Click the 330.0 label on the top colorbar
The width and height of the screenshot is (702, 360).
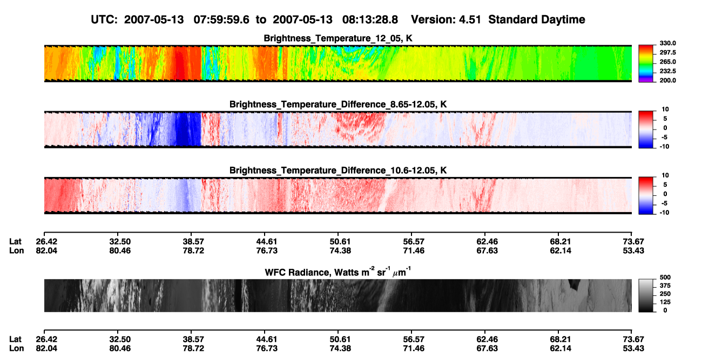tap(667, 43)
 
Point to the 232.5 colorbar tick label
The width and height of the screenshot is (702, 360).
tap(667, 71)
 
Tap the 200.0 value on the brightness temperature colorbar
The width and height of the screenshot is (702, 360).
tap(667, 80)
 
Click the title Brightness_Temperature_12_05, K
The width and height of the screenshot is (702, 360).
tap(338, 38)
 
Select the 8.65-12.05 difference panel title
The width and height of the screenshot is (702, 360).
tap(338, 104)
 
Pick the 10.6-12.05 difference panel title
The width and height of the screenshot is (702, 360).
tap(338, 171)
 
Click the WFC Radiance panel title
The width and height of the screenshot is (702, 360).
tap(338, 271)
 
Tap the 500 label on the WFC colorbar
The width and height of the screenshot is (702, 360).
tap(665, 277)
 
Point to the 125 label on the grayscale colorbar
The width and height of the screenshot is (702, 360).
tap(665, 302)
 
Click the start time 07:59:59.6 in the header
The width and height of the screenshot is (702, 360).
tap(221, 20)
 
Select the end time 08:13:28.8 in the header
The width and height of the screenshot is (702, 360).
tap(370, 20)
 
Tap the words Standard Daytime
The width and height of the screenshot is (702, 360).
tap(537, 20)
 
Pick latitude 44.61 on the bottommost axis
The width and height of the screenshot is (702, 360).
tap(267, 339)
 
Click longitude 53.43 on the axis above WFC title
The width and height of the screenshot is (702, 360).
tap(633, 250)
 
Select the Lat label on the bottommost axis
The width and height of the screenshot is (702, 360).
tap(15, 339)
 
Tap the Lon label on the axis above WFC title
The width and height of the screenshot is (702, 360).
tap(17, 250)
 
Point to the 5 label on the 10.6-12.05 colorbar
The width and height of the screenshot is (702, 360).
tap(665, 185)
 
